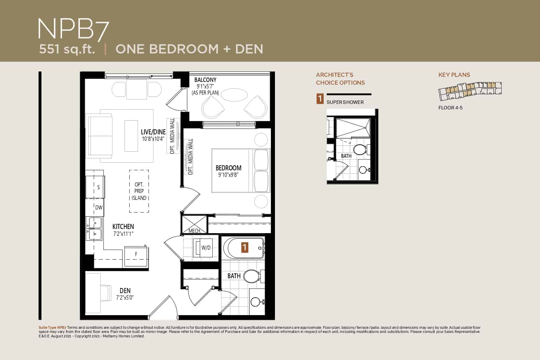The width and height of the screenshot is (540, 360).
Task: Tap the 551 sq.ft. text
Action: (67, 49)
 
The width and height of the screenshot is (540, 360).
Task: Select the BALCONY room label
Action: (205, 80)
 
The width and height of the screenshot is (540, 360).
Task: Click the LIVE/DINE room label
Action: (153, 132)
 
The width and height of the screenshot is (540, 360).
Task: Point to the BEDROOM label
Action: (228, 168)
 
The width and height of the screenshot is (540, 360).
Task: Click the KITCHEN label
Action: (123, 227)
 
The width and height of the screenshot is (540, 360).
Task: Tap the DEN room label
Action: (125, 291)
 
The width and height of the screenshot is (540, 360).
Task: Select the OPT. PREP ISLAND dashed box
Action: (139, 191)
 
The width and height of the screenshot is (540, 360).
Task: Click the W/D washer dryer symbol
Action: (203, 248)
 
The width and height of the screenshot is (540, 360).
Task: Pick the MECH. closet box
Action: (194, 225)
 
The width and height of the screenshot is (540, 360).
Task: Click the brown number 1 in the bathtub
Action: (245, 248)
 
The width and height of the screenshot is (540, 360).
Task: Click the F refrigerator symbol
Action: (136, 256)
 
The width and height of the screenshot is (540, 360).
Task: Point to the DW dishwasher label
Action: (99, 208)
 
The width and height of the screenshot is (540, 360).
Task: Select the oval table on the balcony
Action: (234, 95)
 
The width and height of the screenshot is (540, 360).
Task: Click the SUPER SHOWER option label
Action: (345, 102)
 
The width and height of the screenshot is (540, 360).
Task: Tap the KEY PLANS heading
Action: (454, 75)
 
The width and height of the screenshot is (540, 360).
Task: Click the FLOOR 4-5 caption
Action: (450, 108)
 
